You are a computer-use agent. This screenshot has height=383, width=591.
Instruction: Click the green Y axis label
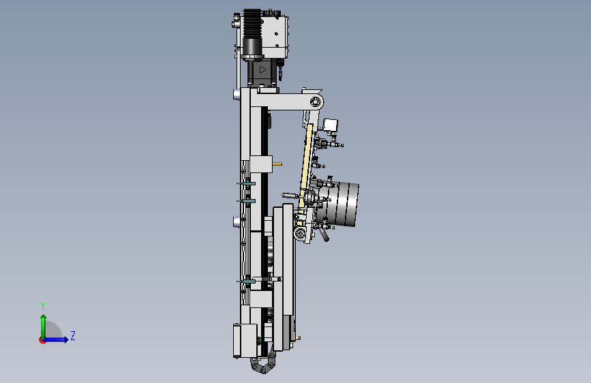point(43,307)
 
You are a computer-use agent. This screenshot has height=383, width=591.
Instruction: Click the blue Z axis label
point(73,335)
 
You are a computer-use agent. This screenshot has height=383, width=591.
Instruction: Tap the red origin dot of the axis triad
point(42,340)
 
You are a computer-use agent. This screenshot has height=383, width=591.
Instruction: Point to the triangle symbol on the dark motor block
point(262,70)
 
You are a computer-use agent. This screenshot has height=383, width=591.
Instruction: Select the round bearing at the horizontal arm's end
point(316,102)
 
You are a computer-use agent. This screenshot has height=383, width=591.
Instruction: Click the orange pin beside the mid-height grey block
point(277,164)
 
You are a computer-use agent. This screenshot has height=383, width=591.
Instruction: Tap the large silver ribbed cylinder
point(341,204)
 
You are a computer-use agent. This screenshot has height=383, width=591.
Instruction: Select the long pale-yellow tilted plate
point(305,166)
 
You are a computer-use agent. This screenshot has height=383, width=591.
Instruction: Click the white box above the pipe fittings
point(330,125)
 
